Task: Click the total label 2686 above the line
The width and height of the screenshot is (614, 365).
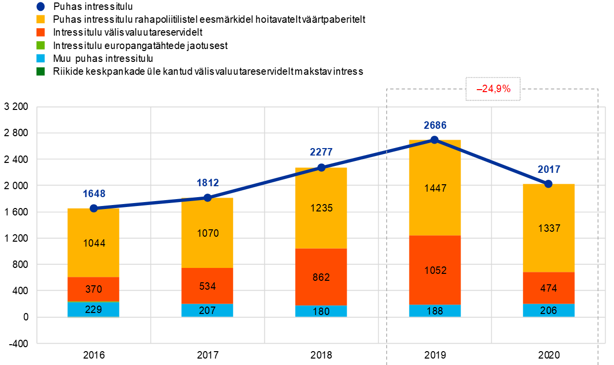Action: pyautogui.click(x=435, y=125)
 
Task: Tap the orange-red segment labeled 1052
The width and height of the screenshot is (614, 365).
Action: pyautogui.click(x=435, y=270)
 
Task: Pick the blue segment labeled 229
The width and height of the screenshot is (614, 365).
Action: pyautogui.click(x=93, y=310)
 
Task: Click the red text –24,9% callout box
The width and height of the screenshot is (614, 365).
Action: pyautogui.click(x=493, y=89)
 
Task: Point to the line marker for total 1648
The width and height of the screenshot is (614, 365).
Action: pyautogui.click(x=94, y=208)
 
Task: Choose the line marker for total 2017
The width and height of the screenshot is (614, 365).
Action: pyautogui.click(x=548, y=184)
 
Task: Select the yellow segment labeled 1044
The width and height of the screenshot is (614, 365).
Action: pyautogui.click(x=93, y=243)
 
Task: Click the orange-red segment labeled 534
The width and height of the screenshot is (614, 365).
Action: pyautogui.click(x=207, y=286)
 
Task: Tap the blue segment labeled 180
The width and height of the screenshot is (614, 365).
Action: pyautogui.click(x=321, y=312)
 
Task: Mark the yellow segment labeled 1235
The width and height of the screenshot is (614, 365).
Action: pyautogui.click(x=321, y=208)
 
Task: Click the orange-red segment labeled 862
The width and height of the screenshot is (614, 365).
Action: pyautogui.click(x=321, y=277)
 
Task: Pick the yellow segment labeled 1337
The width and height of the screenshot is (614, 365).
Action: pyautogui.click(x=549, y=228)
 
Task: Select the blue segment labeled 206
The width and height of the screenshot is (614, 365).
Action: pyautogui.click(x=549, y=311)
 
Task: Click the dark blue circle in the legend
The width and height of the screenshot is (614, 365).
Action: pyautogui.click(x=41, y=6)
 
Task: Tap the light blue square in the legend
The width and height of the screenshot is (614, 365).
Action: pyautogui.click(x=41, y=58)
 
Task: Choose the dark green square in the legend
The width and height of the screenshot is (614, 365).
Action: pyautogui.click(x=41, y=72)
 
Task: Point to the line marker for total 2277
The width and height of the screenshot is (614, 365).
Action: pyautogui.click(x=321, y=167)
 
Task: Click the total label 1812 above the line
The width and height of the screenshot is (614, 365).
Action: pyautogui.click(x=207, y=183)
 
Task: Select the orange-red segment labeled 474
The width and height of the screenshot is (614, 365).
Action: pyautogui.click(x=549, y=288)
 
